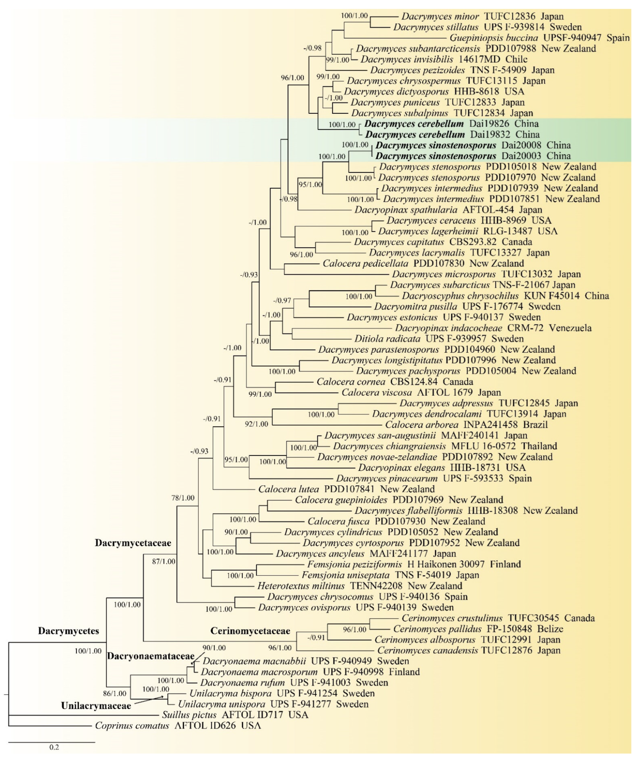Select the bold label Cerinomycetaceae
[x=250, y=631]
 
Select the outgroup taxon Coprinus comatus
[x=132, y=726]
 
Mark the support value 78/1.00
[x=183, y=498]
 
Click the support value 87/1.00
[x=164, y=562]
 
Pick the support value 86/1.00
[x=115, y=694]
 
